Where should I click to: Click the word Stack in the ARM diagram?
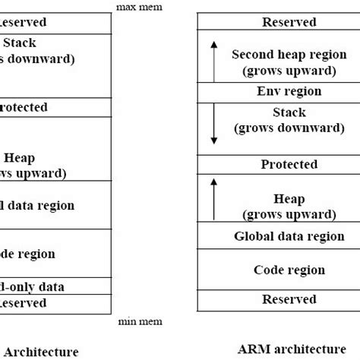[x=289, y=112]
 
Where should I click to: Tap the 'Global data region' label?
[x=289, y=236]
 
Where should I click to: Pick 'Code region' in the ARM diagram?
[x=289, y=270]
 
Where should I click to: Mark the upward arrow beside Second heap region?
[x=213, y=61]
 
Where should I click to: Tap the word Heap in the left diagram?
[x=19, y=158]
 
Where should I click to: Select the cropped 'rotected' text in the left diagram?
[x=24, y=107]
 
